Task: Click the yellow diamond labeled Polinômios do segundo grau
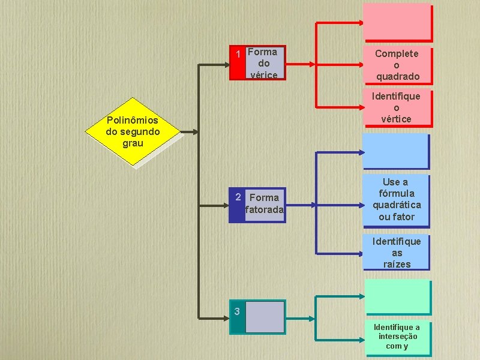coord(133,133)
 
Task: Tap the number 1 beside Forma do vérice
coord(239,55)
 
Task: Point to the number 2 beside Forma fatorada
coord(238,197)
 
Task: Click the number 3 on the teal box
coord(238,311)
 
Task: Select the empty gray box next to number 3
coord(265,316)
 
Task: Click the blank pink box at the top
coord(397,22)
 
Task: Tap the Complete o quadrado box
coord(397,65)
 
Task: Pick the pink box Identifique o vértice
coord(397,108)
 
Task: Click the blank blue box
coord(396,150)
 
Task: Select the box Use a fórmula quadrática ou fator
coord(397,199)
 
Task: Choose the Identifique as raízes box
coord(397,253)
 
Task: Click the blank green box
coord(397,297)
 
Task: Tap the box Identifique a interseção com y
coord(397,337)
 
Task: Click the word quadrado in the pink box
coord(397,76)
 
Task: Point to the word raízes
coord(397,264)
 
